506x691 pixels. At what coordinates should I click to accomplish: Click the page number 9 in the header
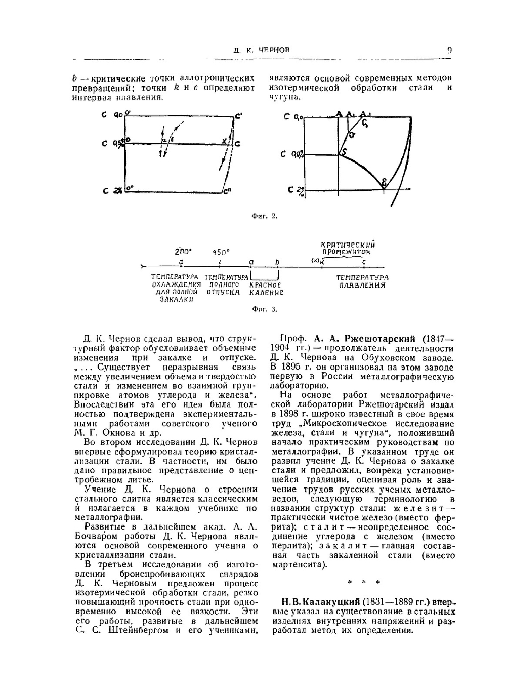(449, 50)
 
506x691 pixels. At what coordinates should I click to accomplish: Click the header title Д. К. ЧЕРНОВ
(262, 50)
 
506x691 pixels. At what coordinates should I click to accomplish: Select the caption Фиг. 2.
(264, 216)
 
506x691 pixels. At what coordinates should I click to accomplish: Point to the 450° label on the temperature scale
(221, 252)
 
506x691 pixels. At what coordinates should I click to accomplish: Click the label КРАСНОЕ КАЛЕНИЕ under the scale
(266, 289)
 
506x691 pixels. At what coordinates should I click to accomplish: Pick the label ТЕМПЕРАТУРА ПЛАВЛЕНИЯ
(363, 281)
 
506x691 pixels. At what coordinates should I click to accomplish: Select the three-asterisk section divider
(363, 582)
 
